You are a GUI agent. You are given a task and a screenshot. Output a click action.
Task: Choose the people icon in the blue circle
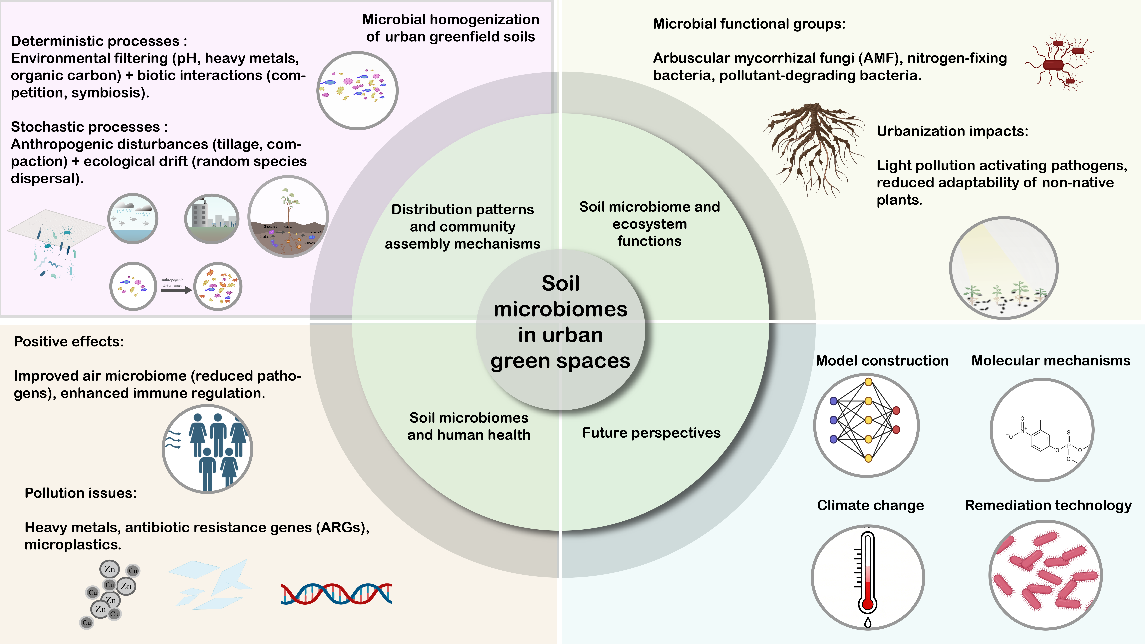click(x=208, y=449)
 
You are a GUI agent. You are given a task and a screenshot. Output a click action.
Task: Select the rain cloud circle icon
click(x=133, y=218)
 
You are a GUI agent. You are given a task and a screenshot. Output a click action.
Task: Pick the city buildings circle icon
click(x=212, y=218)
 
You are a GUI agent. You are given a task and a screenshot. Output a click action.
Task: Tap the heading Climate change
click(x=870, y=505)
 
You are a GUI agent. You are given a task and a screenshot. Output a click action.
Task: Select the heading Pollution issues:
click(x=80, y=493)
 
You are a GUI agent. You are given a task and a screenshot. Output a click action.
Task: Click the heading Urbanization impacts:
click(x=952, y=131)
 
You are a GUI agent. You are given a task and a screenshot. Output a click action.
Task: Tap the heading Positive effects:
click(x=69, y=341)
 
